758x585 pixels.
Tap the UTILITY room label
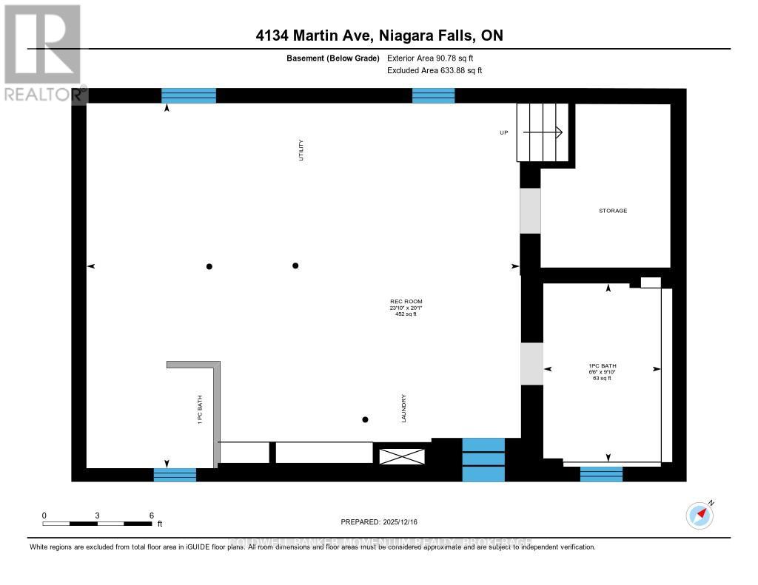(x=301, y=150)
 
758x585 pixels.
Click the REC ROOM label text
(x=406, y=302)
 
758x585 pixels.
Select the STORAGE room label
(x=613, y=211)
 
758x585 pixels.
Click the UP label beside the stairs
(x=503, y=132)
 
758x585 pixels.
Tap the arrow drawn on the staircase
(x=544, y=132)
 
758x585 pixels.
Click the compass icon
(x=700, y=515)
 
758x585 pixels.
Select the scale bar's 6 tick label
(x=151, y=515)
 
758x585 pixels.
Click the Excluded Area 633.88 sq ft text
(x=435, y=71)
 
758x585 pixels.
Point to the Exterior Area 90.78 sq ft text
(x=435, y=58)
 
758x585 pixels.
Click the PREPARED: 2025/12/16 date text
(x=378, y=521)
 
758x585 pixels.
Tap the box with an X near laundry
(x=402, y=456)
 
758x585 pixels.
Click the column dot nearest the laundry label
(x=365, y=420)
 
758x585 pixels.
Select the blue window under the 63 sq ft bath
(x=601, y=474)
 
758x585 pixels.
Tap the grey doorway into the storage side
(x=530, y=211)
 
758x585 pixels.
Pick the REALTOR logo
(x=43, y=52)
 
